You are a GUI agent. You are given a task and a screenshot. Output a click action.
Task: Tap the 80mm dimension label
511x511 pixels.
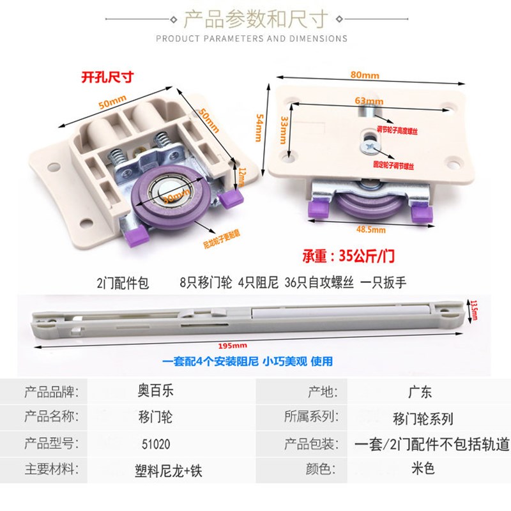pyautogui.click(x=365, y=75)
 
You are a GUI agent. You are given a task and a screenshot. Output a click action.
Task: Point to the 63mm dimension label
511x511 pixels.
pyautogui.click(x=370, y=101)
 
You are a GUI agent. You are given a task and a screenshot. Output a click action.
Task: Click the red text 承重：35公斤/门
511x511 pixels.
pyautogui.click(x=349, y=258)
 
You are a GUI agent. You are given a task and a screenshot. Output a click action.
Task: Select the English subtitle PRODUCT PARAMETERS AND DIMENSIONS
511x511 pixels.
pyautogui.click(x=252, y=38)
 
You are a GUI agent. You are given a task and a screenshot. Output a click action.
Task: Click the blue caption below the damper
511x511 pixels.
pyautogui.click(x=247, y=362)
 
